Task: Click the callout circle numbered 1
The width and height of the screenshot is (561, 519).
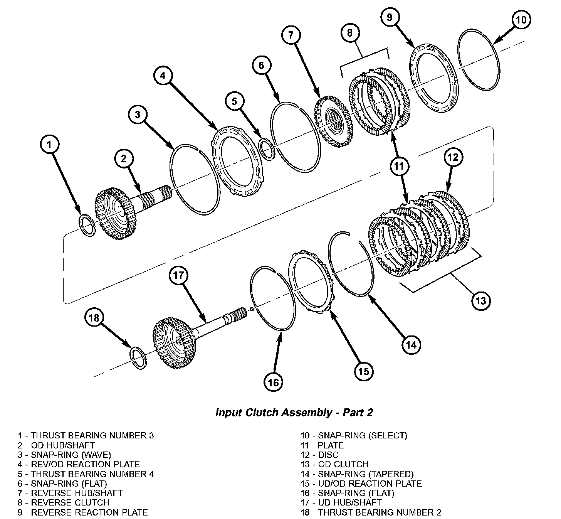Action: [x=49, y=145]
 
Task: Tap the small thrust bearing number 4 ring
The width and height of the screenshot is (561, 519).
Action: [x=267, y=149]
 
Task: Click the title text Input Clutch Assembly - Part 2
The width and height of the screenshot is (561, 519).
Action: [x=294, y=412]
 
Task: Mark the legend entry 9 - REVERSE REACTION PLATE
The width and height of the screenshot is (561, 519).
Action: [x=82, y=512]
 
